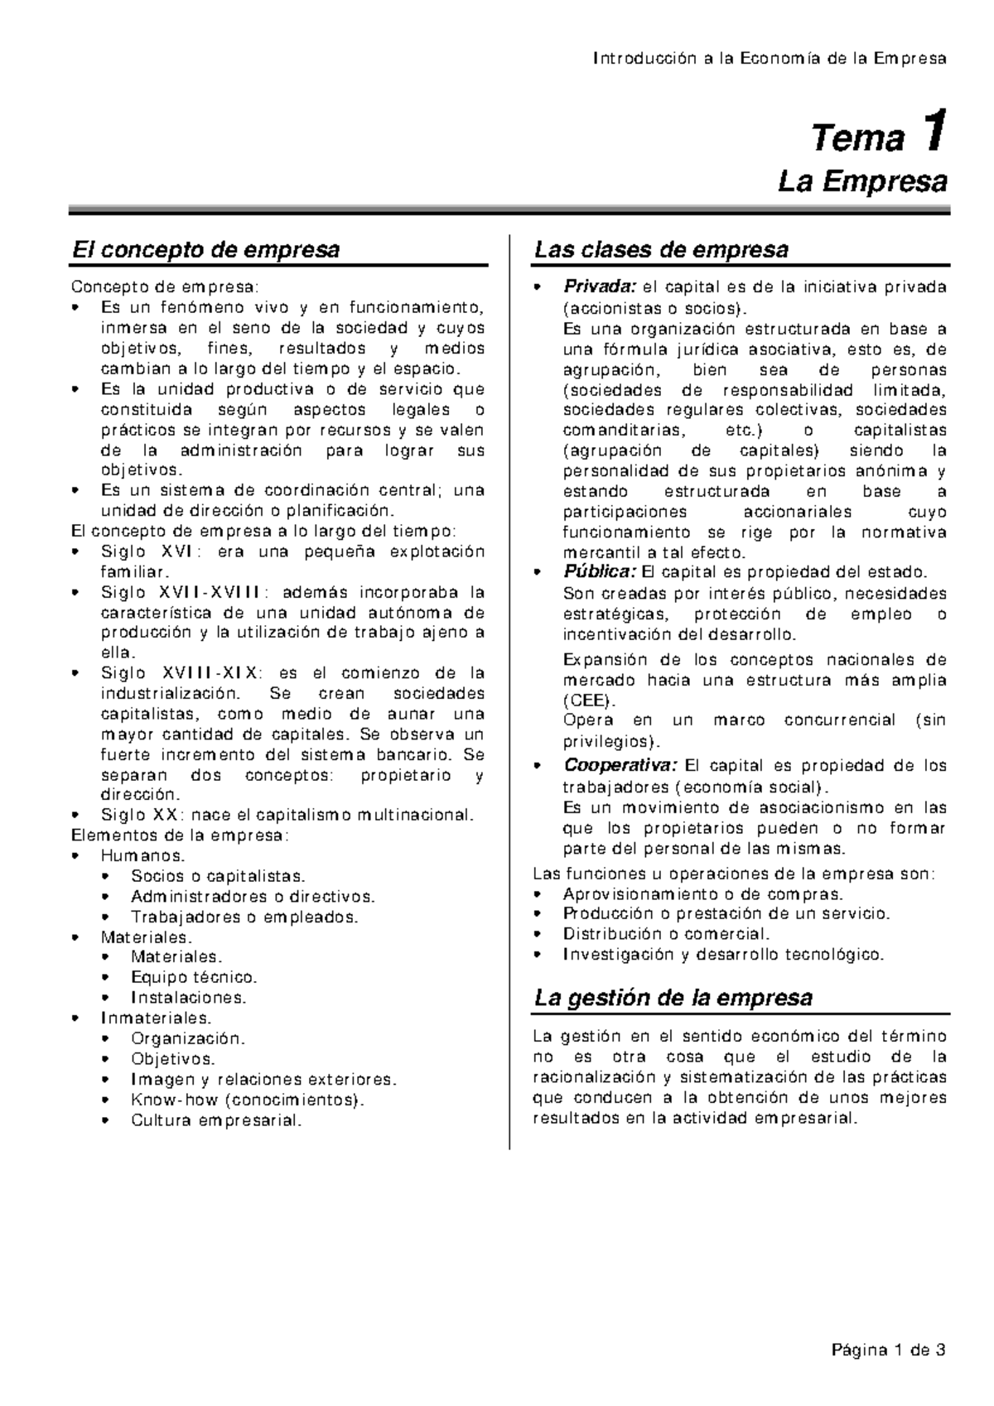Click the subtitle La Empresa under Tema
click(x=862, y=181)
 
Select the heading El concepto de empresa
click(x=205, y=249)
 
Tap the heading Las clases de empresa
click(x=661, y=249)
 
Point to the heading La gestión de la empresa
click(x=673, y=997)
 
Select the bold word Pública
click(x=600, y=572)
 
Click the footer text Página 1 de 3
click(x=887, y=1351)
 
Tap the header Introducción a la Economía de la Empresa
click(x=770, y=59)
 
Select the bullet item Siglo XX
click(x=287, y=814)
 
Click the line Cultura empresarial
click(x=216, y=1120)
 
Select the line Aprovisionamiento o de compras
click(x=702, y=893)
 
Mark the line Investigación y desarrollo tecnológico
click(x=723, y=954)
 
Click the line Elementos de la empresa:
click(x=181, y=835)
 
